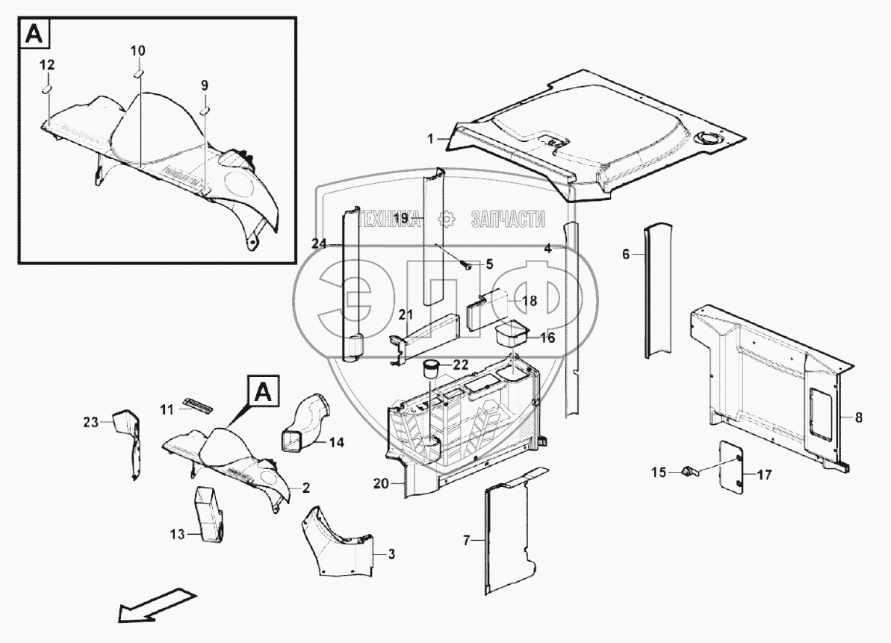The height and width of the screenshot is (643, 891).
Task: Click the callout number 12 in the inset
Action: click(x=46, y=66)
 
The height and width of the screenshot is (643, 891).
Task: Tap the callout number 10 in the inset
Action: click(x=138, y=51)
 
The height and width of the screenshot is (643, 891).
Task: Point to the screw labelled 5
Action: click(x=467, y=265)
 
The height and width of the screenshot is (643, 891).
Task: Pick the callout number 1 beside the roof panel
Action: click(x=430, y=139)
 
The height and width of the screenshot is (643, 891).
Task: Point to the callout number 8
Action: click(x=858, y=418)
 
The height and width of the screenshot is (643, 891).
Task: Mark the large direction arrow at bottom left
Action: click(x=155, y=604)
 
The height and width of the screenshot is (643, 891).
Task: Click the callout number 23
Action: click(x=90, y=423)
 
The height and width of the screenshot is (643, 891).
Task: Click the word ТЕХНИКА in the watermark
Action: click(x=387, y=220)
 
